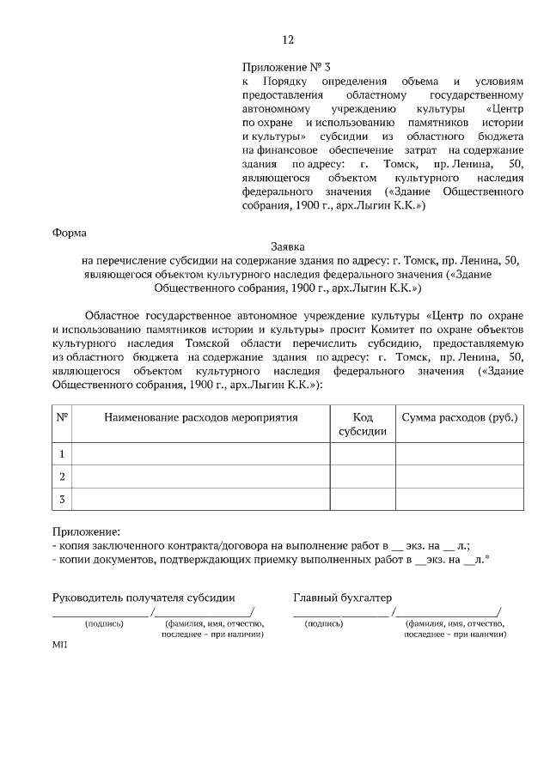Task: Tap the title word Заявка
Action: [288, 246]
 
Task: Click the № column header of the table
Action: [62, 417]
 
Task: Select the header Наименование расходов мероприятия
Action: [201, 417]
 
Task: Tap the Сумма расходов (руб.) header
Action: [460, 417]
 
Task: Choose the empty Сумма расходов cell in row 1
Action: [460, 453]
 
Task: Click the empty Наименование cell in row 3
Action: [201, 499]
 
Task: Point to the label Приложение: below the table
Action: [87, 532]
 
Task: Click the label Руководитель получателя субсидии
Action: [144, 598]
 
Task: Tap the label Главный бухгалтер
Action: [342, 598]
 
